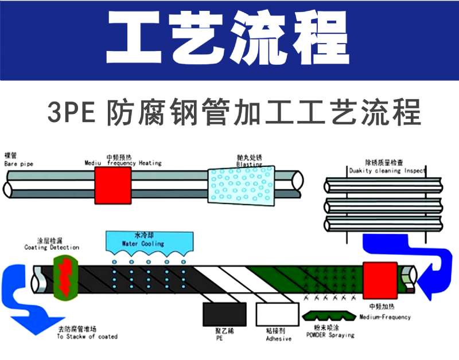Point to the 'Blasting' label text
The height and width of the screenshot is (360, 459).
249,165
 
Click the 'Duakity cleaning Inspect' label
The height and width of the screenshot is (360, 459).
387,171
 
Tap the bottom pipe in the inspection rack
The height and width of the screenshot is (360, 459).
383,222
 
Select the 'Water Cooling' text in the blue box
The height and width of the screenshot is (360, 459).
143,243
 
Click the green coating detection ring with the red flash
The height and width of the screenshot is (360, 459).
64,277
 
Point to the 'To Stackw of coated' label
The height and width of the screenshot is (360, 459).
87,336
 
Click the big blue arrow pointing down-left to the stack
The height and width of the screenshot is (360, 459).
26,310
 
